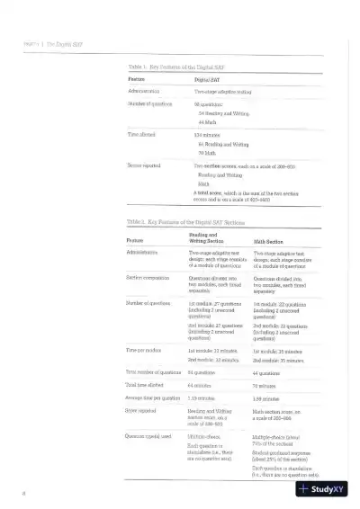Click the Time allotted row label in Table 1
pyautogui.click(x=143, y=134)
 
